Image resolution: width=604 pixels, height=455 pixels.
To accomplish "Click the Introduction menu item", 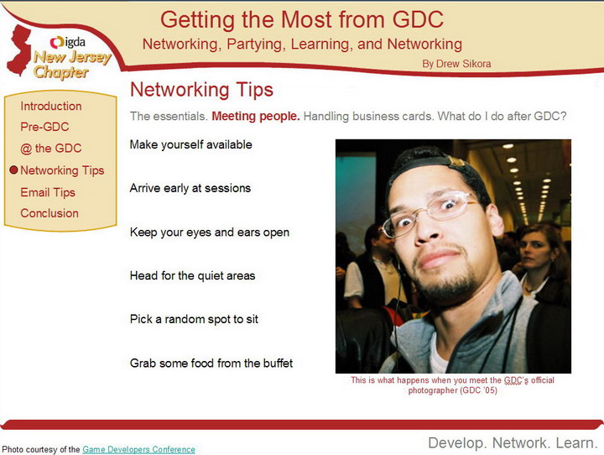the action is pos(51,106).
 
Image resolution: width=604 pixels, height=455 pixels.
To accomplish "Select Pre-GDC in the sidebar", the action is pos(44,127).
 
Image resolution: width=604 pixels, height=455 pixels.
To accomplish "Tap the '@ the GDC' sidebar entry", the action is pos(51,149).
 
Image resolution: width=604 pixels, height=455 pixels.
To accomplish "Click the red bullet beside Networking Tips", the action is pos(14,170).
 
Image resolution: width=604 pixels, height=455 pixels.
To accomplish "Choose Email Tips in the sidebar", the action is pos(48,192).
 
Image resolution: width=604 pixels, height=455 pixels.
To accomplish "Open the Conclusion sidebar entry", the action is pos(49,213).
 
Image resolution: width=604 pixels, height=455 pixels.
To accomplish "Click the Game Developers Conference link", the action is pos(138,450).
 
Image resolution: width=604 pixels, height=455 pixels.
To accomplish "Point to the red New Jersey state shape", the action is pos(19,50).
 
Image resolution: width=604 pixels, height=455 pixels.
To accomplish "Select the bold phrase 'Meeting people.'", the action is pos(256,116).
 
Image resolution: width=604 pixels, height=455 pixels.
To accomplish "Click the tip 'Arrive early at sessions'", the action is pos(190,188).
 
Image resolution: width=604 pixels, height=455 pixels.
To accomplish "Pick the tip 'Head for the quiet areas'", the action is pos(193,275).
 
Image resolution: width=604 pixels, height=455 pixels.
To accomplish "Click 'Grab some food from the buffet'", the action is pos(211,363).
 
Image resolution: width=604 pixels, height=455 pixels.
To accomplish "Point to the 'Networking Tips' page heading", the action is pos(202,90).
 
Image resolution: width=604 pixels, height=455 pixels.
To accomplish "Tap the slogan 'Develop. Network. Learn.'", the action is pos(513,443).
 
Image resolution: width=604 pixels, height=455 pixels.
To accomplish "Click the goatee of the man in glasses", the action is pos(449,284).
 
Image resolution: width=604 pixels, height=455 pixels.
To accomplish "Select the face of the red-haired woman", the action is pos(534,251).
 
